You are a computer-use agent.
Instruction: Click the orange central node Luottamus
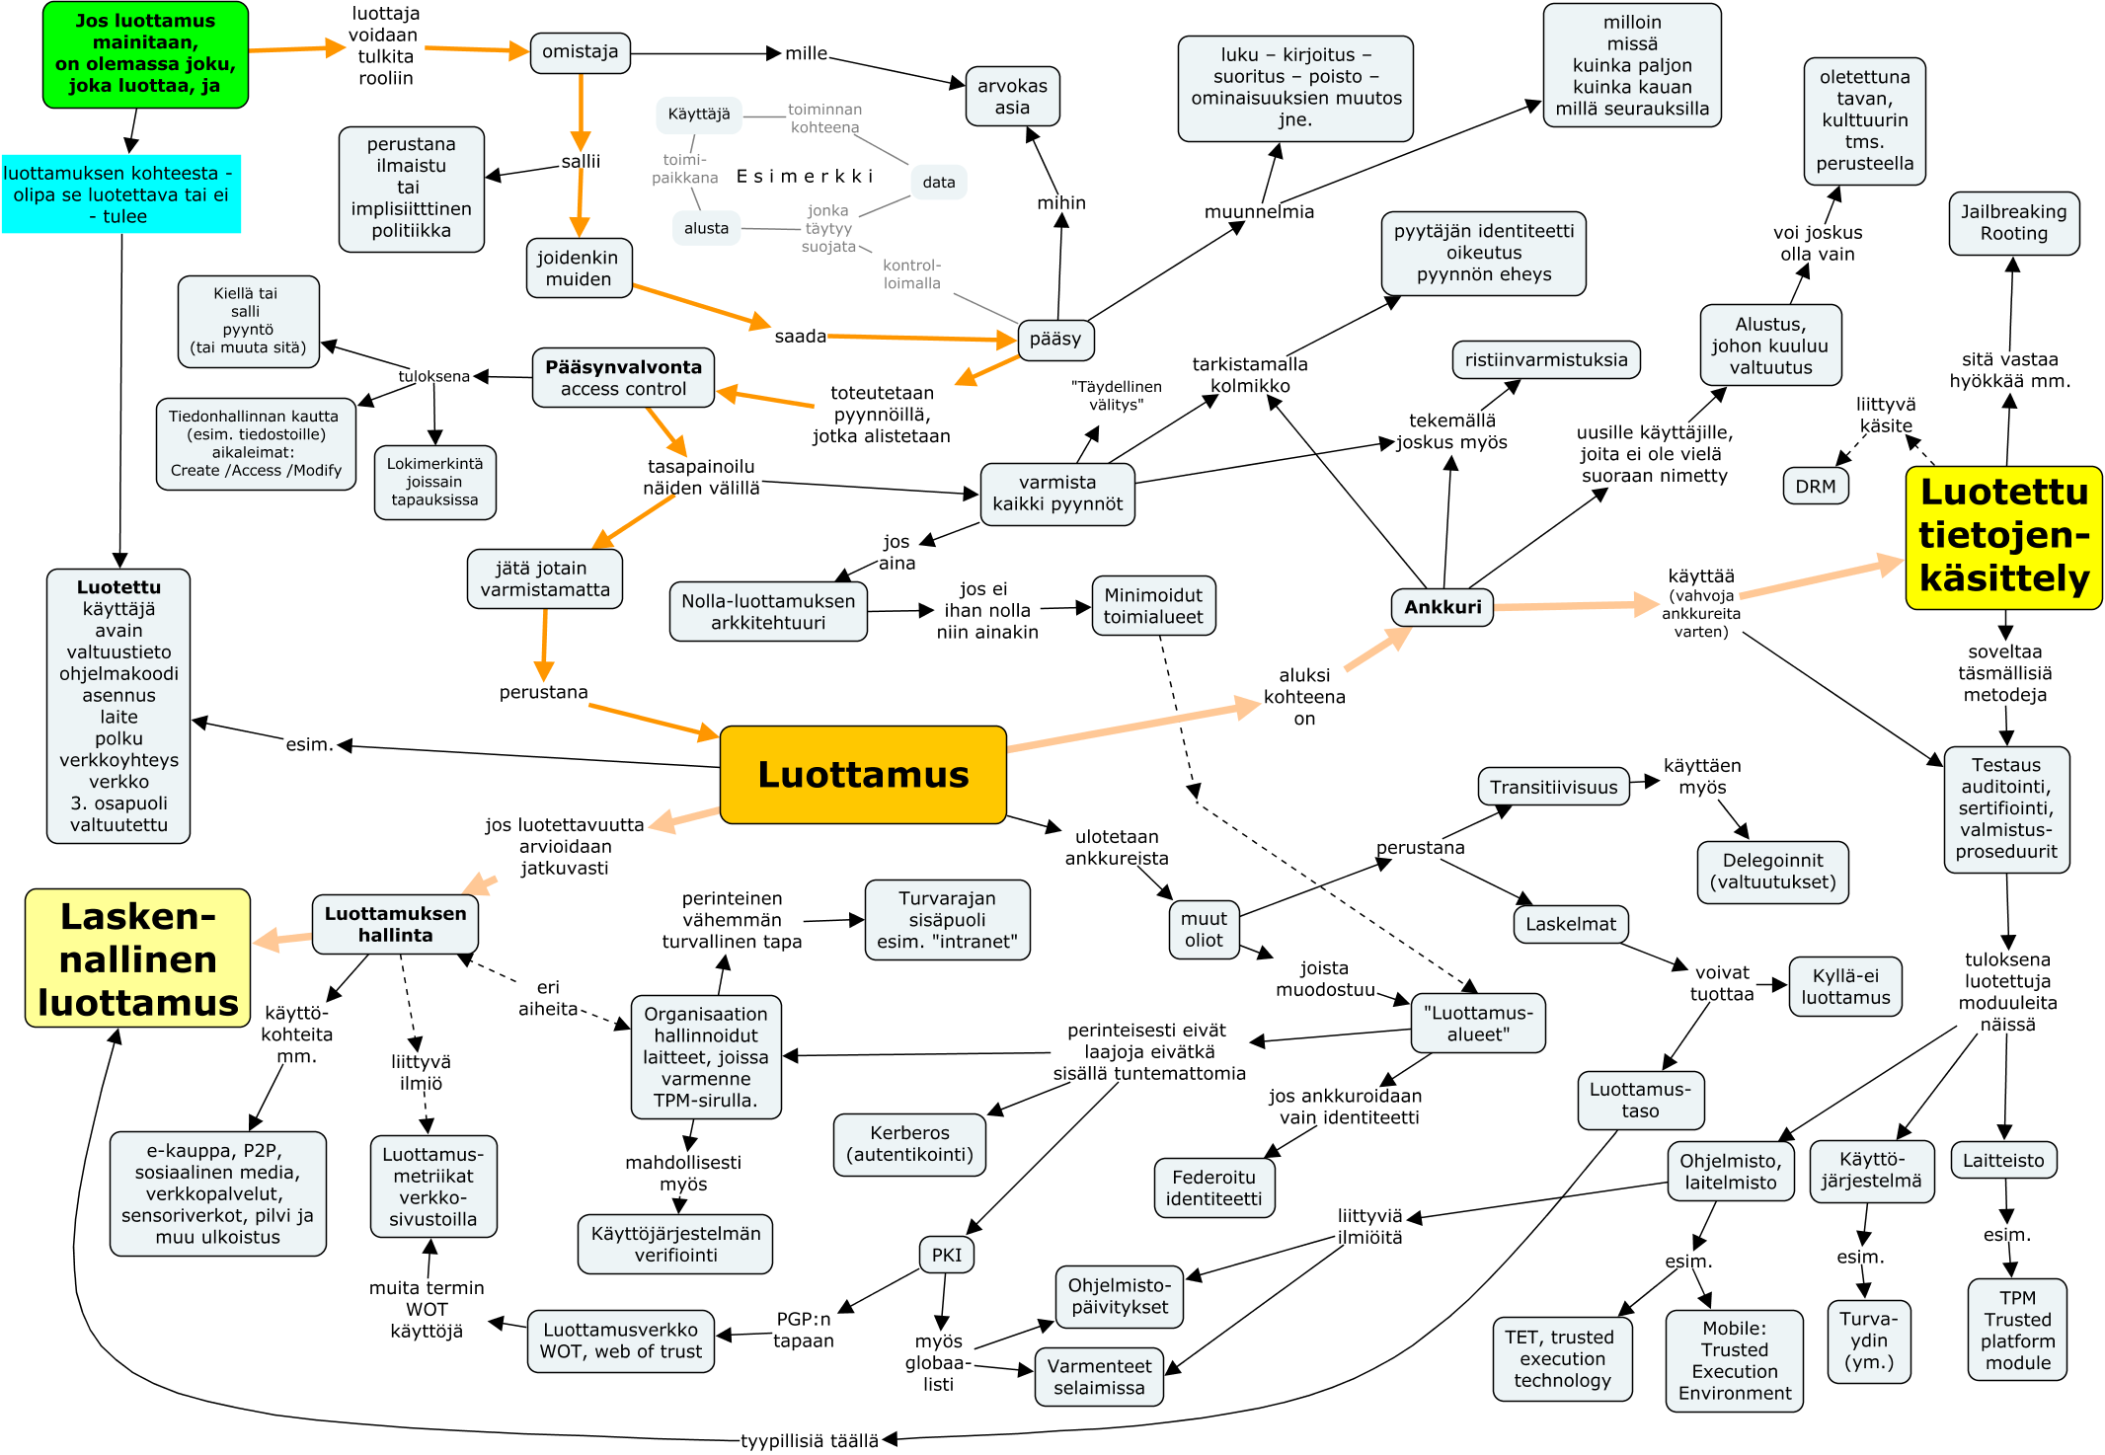tap(863, 775)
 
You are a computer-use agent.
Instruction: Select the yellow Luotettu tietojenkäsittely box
tap(2003, 536)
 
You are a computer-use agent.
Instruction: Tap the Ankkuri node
tap(1442, 607)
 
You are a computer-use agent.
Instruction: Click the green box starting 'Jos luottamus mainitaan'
tap(145, 54)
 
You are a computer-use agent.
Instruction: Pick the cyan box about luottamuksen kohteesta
tap(120, 194)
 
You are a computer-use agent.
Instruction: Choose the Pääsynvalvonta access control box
tap(623, 378)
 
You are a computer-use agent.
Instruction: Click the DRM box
tap(1815, 487)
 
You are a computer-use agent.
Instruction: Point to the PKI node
tap(946, 1255)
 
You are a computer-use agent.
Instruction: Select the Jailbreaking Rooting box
tap(2013, 223)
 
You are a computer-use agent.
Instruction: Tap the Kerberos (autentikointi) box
tap(909, 1144)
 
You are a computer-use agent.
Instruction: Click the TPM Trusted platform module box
tap(2017, 1330)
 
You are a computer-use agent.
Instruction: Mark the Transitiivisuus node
tap(1553, 787)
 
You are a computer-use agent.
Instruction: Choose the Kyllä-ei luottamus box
tap(1844, 986)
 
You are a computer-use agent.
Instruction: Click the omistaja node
tap(580, 52)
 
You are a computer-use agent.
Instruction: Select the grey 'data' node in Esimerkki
tap(938, 182)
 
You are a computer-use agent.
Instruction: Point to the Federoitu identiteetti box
tap(1213, 1187)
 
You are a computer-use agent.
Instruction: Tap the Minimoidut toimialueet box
tap(1152, 606)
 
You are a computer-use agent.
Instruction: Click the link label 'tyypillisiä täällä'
tap(810, 1440)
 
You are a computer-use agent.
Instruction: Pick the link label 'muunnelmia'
tap(1259, 211)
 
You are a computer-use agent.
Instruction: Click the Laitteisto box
tap(2002, 1160)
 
